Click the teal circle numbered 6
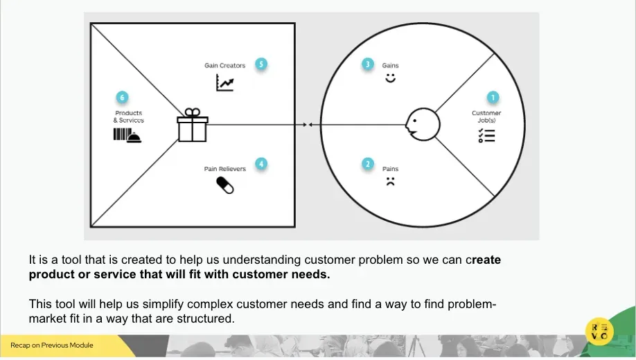click(x=122, y=98)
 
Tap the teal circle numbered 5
click(x=261, y=64)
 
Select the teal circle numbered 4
click(x=261, y=164)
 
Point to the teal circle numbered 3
click(x=368, y=64)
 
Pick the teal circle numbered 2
click(x=368, y=164)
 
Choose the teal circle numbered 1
click(x=493, y=98)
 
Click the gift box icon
click(x=193, y=125)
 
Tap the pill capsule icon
click(x=225, y=186)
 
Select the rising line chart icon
click(x=225, y=82)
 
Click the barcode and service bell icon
click(x=127, y=136)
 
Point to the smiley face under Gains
click(x=390, y=78)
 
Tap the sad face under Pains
click(x=390, y=181)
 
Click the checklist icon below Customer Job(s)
click(x=486, y=136)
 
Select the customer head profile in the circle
click(x=423, y=125)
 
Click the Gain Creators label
click(x=224, y=65)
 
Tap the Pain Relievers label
click(x=224, y=169)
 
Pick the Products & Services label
click(x=129, y=116)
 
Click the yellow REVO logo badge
click(x=599, y=331)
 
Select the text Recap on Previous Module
click(x=52, y=345)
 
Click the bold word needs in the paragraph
click(x=310, y=274)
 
